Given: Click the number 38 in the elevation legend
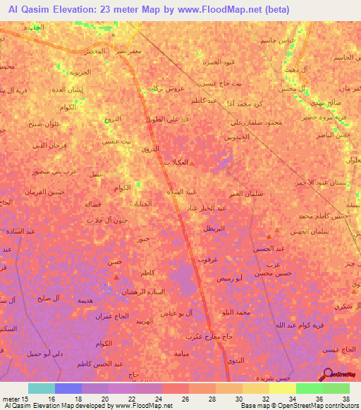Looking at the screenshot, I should [x=345, y=399].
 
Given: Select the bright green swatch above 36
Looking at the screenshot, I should [x=309, y=388].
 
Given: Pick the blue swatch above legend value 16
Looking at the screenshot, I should [x=68, y=388].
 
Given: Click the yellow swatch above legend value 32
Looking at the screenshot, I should [x=256, y=388].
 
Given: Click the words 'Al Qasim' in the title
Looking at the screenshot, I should [x=27, y=9].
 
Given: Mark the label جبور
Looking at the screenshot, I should [x=143, y=239].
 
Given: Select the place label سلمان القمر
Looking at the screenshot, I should [x=243, y=193].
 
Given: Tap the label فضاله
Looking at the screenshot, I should [x=92, y=204].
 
